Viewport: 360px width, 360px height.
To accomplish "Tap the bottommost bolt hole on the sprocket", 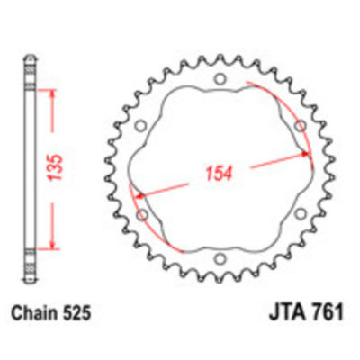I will (x=220, y=262).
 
